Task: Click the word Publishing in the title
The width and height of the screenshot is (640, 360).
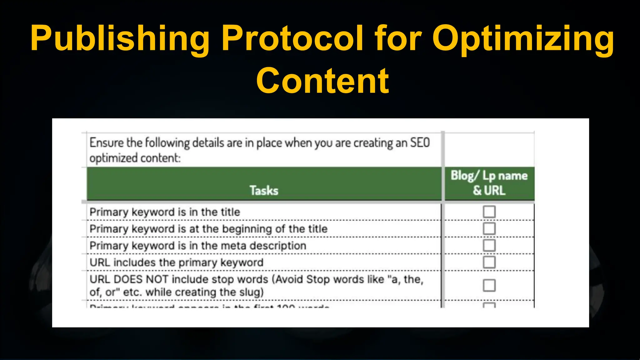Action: (120, 39)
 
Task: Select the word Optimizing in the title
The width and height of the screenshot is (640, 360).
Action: (523, 39)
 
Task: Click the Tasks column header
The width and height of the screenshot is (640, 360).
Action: (264, 190)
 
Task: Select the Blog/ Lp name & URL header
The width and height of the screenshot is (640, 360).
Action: (489, 183)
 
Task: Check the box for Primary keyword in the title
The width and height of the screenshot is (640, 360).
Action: (489, 212)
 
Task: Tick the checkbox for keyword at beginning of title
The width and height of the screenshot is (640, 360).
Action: (489, 228)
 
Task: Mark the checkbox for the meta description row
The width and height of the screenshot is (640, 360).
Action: (489, 245)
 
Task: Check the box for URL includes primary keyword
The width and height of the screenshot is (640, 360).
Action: (489, 262)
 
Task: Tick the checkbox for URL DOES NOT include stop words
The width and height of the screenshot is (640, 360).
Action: (489, 285)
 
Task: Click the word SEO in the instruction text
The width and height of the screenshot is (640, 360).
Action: (420, 143)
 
